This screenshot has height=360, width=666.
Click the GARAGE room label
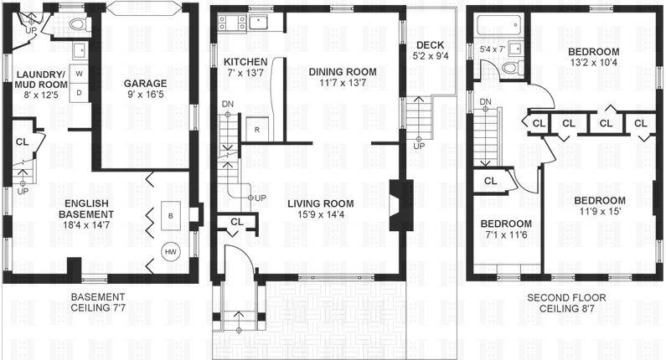click(145, 83)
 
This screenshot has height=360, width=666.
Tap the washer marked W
click(80, 74)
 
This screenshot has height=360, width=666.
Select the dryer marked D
click(80, 92)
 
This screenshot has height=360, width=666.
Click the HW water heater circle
click(170, 252)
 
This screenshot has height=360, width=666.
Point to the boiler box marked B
click(171, 214)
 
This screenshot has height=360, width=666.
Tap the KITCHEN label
click(245, 62)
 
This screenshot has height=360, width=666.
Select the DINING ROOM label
click(343, 72)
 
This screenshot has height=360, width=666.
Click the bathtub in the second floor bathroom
click(494, 28)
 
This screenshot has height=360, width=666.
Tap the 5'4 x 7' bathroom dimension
click(493, 49)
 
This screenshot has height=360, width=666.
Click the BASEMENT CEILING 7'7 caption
click(97, 302)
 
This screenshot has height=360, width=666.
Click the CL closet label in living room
click(236, 222)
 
